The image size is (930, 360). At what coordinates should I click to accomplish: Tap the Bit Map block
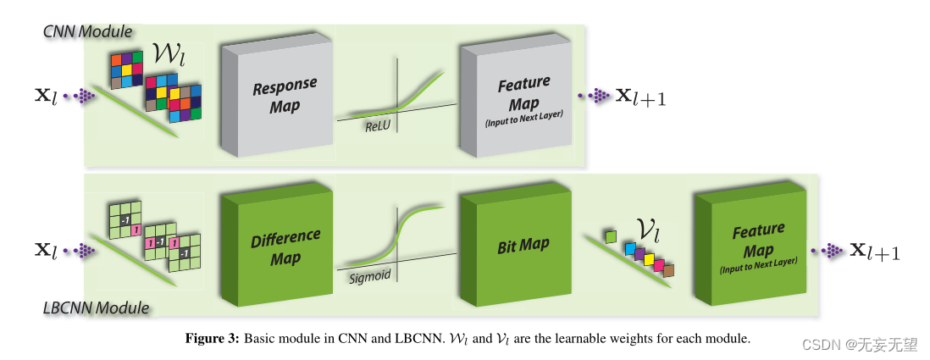click(523, 245)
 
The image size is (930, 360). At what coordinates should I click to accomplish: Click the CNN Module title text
click(88, 32)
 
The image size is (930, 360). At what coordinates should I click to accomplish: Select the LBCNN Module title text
click(96, 307)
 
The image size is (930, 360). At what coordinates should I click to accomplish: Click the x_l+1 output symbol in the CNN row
click(639, 97)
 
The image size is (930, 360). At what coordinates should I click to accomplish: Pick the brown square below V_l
click(668, 270)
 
